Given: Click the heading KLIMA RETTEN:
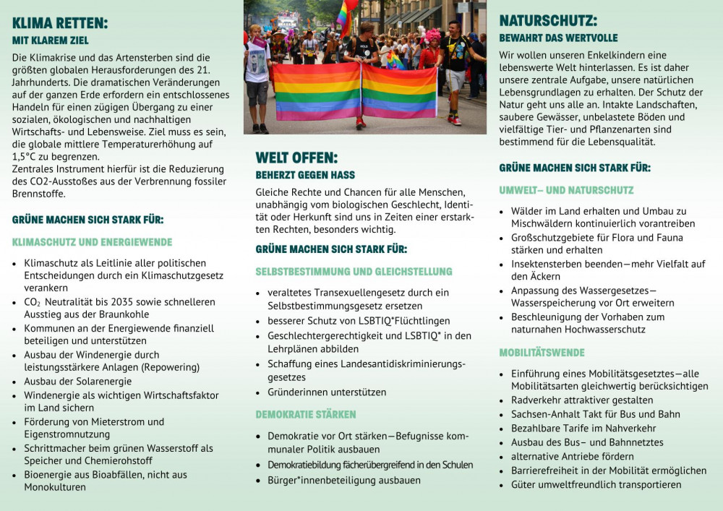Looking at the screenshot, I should click(60, 23).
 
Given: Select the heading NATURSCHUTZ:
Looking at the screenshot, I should click(548, 20).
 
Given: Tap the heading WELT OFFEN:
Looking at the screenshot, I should click(296, 158).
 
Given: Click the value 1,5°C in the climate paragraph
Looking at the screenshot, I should click(25, 156).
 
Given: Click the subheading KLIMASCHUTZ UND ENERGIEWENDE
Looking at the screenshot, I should click(92, 242).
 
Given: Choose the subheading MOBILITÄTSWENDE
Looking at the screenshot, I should click(542, 353).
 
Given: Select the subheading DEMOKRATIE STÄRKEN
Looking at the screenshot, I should click(305, 415).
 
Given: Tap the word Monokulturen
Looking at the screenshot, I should click(55, 487).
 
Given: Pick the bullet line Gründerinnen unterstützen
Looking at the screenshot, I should click(327, 392).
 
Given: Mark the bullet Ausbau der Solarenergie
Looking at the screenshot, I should click(78, 381).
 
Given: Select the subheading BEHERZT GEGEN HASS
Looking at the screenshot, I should click(305, 175).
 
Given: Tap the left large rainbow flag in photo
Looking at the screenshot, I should click(316, 91).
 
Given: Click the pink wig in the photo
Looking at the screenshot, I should click(432, 37).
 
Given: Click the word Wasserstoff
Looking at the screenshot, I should click(171, 448).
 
